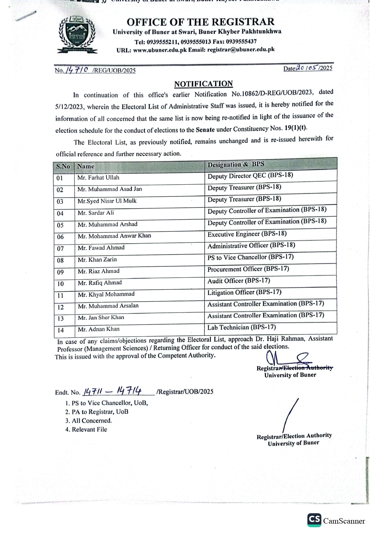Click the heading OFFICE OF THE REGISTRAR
point(200,22)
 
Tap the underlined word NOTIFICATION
point(203,84)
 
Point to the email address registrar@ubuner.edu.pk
point(241,50)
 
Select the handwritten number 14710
point(77,70)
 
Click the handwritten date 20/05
point(307,68)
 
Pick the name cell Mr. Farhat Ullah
point(98,178)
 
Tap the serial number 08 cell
point(60,260)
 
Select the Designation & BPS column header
point(236,164)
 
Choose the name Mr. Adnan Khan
point(99,329)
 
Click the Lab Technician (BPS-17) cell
point(241,327)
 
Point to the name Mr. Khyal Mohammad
point(106,294)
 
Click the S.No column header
point(63,166)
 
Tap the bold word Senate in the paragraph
point(205,130)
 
